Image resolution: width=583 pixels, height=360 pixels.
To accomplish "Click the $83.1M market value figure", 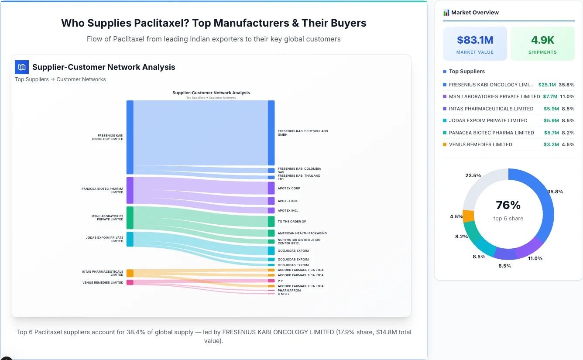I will coord(475,40).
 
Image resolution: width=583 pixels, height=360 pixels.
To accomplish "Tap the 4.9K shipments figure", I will coord(542,40).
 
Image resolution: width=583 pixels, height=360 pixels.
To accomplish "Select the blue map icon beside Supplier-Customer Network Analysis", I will coord(22,67).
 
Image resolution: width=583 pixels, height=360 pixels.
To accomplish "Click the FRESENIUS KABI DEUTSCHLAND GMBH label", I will coord(302,133).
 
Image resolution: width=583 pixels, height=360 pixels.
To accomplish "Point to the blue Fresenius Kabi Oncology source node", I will coord(130,137).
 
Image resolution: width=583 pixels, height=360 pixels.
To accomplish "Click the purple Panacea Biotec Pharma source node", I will coord(130,190).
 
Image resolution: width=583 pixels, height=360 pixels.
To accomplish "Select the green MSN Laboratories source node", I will coord(130,218).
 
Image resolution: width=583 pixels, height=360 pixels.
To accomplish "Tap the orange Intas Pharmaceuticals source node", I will coord(130,273).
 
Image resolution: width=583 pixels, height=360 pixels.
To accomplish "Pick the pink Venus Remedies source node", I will coord(130,282).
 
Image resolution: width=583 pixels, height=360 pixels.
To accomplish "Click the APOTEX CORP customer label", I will coord(289,189).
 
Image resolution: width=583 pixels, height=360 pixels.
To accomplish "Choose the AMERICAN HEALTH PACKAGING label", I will coord(302,233).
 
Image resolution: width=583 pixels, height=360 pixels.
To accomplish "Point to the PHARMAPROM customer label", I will coord(289,290).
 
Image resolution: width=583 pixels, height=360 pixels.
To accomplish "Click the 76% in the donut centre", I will coord(508,205).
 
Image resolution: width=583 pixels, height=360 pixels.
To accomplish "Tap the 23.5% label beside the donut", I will coord(473,175).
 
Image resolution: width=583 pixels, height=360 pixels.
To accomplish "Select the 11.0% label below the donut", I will coord(535,258).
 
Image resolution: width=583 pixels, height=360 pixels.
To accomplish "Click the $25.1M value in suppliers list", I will coord(547,85).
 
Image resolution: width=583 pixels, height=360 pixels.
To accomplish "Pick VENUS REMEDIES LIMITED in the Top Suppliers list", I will coord(480,144).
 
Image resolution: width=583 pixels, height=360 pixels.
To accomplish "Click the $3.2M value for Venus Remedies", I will coord(550,144).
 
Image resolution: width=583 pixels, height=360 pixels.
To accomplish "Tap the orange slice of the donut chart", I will coord(468,216).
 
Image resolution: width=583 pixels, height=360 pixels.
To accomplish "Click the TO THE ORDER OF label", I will coord(291,221).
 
